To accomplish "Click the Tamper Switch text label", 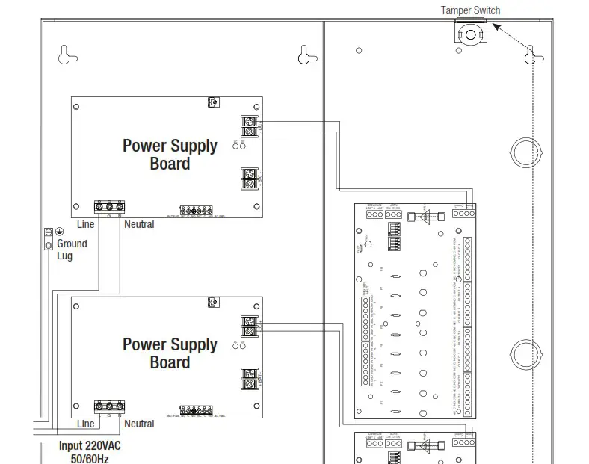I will coord(470,10).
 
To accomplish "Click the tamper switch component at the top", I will coord(470,33).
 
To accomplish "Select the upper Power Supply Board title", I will coord(170,155).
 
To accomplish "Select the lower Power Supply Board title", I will coord(170,353).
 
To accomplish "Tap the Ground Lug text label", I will coord(72,250).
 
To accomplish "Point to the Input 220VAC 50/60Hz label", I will coord(90,451).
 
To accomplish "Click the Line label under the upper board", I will coord(86,224).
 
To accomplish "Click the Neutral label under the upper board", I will coord(139,224).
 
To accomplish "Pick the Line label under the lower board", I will coord(86,424).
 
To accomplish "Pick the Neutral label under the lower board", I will coord(139,424).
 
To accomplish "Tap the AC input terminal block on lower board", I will coord(109,406).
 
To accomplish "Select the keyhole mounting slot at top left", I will coord(67,54).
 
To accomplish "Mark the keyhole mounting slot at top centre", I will coord(304,54).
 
